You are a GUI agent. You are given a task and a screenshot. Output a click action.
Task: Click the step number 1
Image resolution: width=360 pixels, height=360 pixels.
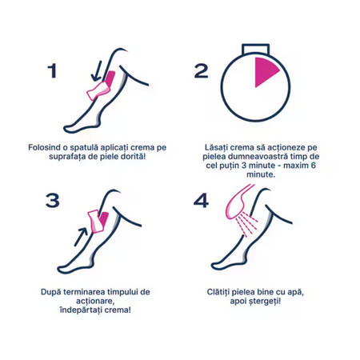[x=53, y=71]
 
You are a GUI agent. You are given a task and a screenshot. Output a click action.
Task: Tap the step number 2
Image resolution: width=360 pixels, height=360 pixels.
[x=202, y=71]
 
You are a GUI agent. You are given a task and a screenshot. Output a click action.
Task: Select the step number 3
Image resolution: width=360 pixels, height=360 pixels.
[x=53, y=201]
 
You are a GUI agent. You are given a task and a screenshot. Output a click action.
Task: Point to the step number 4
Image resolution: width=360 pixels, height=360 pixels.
[x=201, y=201]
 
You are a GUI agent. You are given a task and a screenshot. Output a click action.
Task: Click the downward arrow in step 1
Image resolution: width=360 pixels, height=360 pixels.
[x=97, y=71]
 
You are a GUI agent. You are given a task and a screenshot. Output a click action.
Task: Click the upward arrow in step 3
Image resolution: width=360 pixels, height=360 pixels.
[x=81, y=237]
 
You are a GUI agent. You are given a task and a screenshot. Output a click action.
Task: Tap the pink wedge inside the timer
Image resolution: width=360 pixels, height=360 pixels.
[x=266, y=72]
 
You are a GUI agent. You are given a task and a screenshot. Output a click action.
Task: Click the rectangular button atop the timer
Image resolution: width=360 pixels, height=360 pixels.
[x=255, y=50]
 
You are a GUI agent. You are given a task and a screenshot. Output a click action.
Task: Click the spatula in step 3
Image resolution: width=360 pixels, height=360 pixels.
[x=95, y=222]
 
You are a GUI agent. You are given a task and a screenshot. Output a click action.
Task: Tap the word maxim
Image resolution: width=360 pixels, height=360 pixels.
[x=294, y=166]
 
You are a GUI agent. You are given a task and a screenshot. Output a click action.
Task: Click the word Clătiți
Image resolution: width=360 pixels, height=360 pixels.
[x=218, y=292]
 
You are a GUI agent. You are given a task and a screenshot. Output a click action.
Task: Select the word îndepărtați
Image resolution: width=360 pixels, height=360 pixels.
[x=81, y=310]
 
